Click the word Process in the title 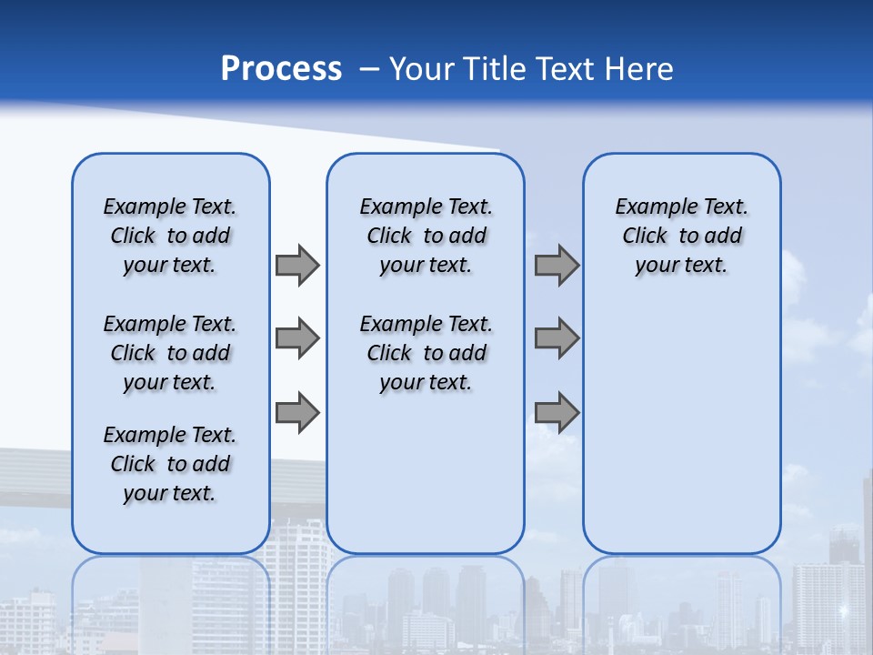[x=281, y=68]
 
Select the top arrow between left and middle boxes [x=297, y=265]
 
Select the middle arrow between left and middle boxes [x=297, y=338]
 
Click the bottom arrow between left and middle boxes [x=297, y=413]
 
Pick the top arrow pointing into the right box [x=557, y=265]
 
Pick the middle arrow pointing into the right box [x=557, y=338]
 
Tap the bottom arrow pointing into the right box [x=557, y=413]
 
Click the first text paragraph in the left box [x=170, y=236]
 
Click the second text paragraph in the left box [x=170, y=353]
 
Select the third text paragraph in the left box [x=170, y=464]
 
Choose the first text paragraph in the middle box [x=426, y=236]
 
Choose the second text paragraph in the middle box [x=426, y=353]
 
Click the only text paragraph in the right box [x=681, y=236]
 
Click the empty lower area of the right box [x=681, y=428]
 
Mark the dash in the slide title [x=369, y=69]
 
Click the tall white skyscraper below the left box [x=300, y=582]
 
